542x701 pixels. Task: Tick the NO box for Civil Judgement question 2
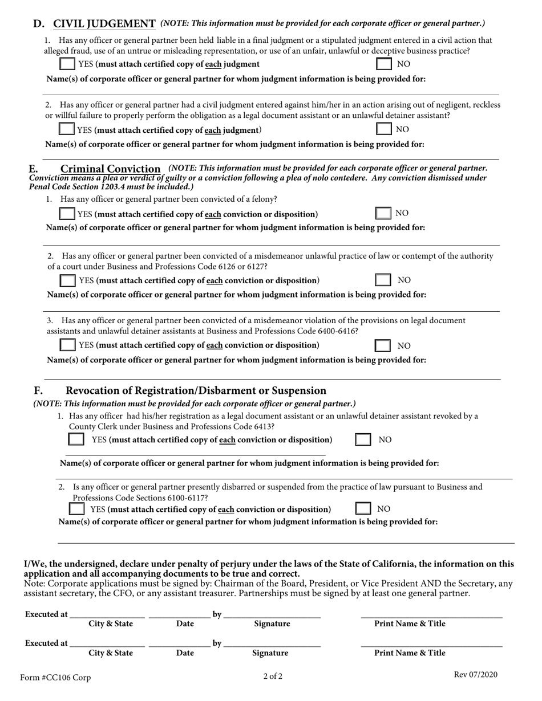pyautogui.click(x=383, y=129)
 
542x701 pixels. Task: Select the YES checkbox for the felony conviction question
pyautogui.click(x=67, y=214)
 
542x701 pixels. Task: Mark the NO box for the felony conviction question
pyautogui.click(x=383, y=213)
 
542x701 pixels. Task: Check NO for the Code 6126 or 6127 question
pyautogui.click(x=383, y=280)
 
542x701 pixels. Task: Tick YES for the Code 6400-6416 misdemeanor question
pyautogui.click(x=67, y=345)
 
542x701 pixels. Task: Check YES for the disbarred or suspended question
pyautogui.click(x=76, y=508)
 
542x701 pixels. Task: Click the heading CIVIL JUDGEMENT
pyautogui.click(x=104, y=23)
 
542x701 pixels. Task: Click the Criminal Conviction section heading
pyautogui.click(x=110, y=169)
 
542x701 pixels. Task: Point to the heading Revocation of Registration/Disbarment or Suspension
pyautogui.click(x=196, y=390)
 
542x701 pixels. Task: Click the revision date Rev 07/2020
pyautogui.click(x=475, y=675)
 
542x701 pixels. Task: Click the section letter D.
pyautogui.click(x=38, y=23)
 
